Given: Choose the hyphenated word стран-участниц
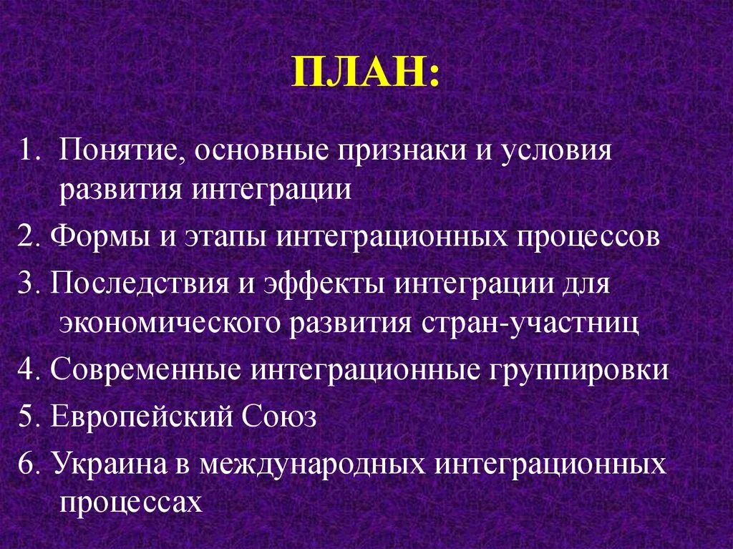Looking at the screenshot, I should coord(529,323).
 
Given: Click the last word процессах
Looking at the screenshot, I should coord(132,502).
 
